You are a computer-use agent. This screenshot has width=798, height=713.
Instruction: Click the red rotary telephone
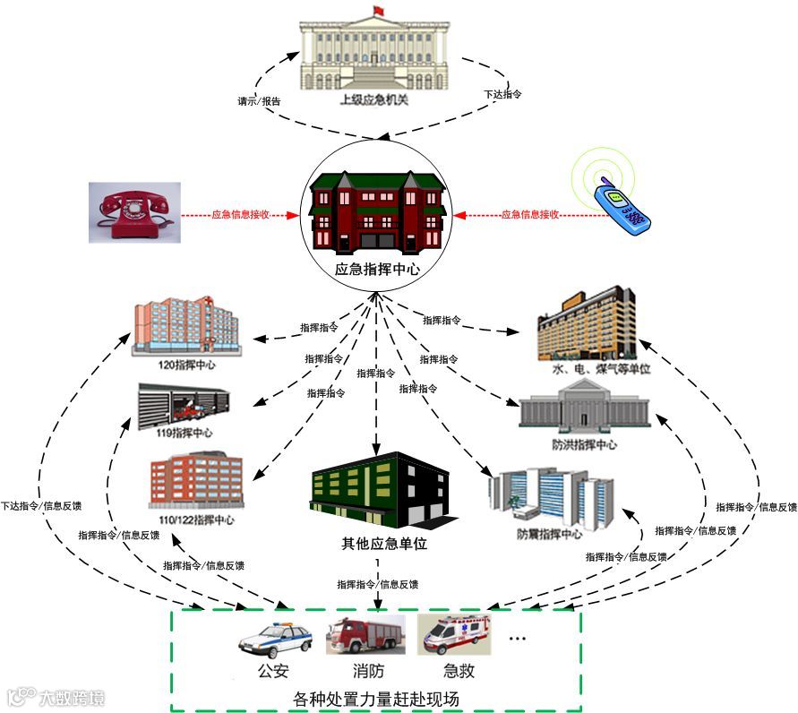(x=134, y=212)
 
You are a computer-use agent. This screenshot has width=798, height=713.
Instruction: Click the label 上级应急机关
(x=373, y=99)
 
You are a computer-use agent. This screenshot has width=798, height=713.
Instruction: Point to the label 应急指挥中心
(x=377, y=268)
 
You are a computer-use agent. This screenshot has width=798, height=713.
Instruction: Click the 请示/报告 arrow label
(x=260, y=101)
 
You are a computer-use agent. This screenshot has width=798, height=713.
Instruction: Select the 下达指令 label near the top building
(x=502, y=93)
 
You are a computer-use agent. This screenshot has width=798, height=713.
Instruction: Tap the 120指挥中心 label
(x=186, y=365)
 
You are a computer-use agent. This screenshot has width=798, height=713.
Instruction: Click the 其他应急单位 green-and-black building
(x=377, y=499)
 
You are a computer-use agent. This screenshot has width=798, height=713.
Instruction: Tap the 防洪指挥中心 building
(x=585, y=408)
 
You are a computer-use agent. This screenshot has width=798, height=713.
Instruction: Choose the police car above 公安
(x=275, y=640)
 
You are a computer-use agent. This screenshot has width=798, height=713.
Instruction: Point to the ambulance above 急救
(x=454, y=635)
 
